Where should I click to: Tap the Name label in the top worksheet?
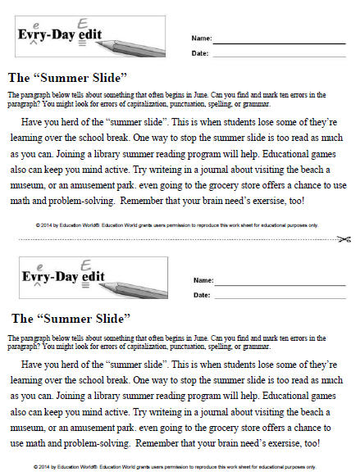tap(201, 39)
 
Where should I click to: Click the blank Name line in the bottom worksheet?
tap(280, 284)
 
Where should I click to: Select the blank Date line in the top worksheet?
tap(280, 56)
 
